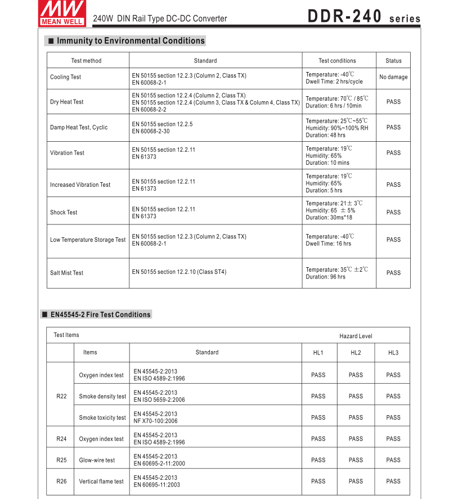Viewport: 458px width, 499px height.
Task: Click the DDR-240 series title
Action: tap(363, 17)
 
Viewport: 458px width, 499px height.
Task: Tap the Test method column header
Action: tap(87, 61)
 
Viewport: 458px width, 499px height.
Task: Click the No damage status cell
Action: tap(393, 77)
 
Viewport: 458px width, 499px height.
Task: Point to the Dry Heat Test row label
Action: tap(67, 102)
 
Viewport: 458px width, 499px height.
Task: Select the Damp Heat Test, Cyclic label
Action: tap(79, 128)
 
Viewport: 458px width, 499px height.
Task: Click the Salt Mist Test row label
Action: tap(66, 273)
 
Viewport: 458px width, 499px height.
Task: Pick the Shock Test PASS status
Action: tap(393, 212)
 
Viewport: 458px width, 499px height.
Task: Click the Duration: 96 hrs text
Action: tap(326, 277)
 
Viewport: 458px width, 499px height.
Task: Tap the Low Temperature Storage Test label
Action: tap(88, 240)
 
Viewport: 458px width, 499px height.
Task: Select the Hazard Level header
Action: tap(356, 336)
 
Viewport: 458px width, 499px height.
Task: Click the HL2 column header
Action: tap(356, 353)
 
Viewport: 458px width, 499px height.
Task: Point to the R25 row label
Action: tap(62, 460)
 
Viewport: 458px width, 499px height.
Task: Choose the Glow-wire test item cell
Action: tap(97, 460)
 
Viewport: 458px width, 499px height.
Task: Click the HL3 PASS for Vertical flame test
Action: tap(393, 481)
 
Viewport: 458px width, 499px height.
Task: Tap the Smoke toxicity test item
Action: tap(102, 417)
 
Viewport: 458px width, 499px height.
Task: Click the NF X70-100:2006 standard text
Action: tap(155, 421)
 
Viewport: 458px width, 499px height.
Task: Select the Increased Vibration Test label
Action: tap(80, 185)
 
